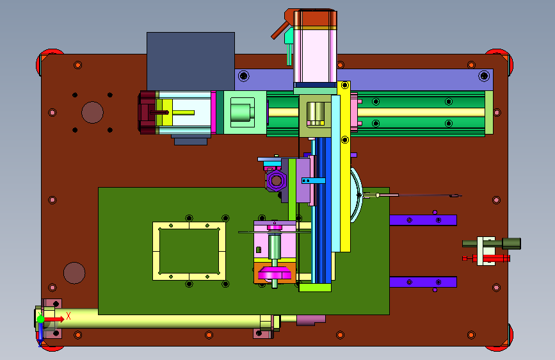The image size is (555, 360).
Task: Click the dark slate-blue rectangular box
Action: pos(190,61)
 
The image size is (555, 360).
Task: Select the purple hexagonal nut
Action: pos(277,181)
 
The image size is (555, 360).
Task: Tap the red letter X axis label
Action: pos(68,316)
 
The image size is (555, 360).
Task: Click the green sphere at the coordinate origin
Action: pos(41,319)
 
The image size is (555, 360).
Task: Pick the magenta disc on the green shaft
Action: pos(275,274)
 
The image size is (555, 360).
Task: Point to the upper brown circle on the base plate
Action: pos(92,112)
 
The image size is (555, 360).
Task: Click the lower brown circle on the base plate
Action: pos(74,273)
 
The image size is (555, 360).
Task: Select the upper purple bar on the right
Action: pos(423,220)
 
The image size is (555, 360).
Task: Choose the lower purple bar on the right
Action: pos(423,282)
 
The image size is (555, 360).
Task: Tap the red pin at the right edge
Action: pos(486,258)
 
